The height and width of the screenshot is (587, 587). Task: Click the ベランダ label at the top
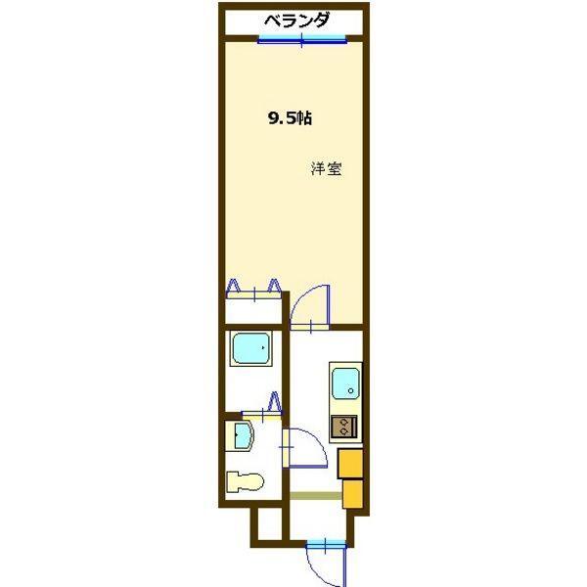coord(295,20)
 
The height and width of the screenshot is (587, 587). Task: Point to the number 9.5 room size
coord(291,119)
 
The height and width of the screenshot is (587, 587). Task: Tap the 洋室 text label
coord(326,167)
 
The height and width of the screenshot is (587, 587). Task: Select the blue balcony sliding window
coord(302,40)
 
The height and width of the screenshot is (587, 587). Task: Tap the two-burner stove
coord(344,426)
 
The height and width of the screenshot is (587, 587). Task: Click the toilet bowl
coord(247,482)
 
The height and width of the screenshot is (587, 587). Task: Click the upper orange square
coord(350,463)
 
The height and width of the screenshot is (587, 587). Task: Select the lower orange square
coord(354,492)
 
